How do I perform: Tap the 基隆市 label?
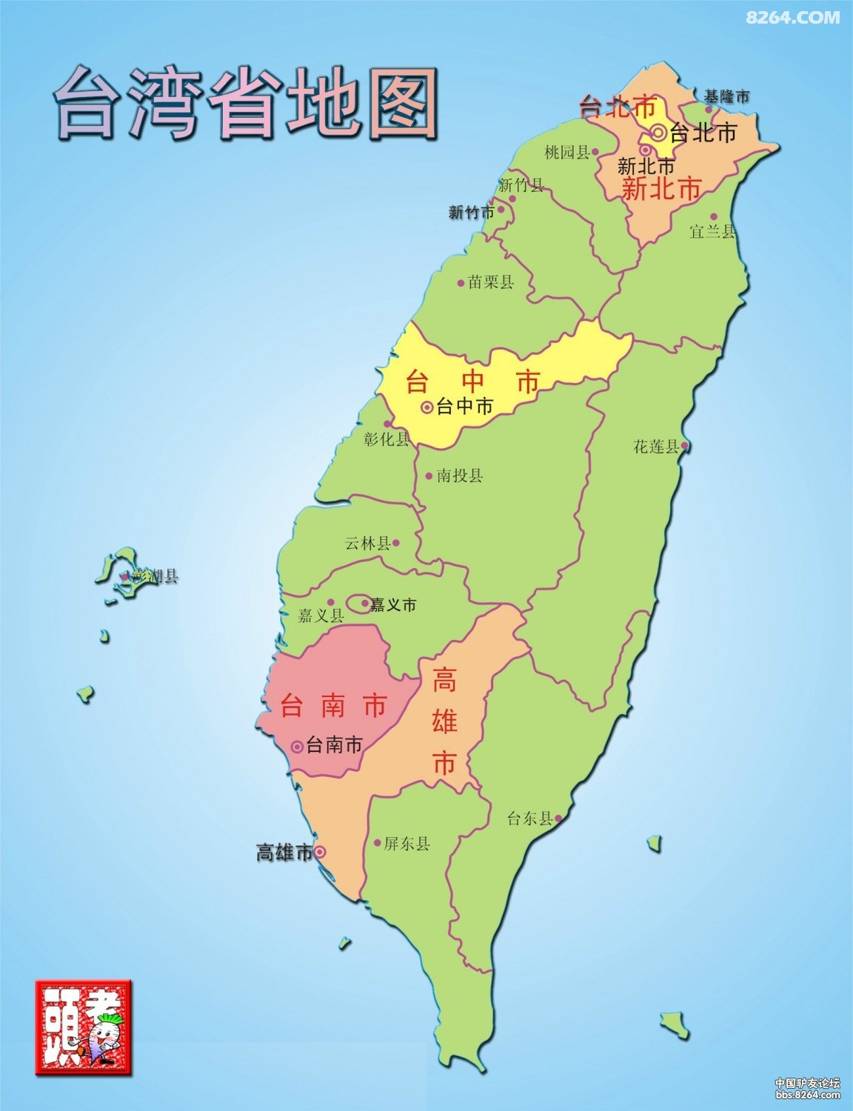pyautogui.click(x=726, y=96)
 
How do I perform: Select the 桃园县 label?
pyautogui.click(x=566, y=153)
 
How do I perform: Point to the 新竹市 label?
pyautogui.click(x=471, y=213)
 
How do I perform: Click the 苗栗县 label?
pyautogui.click(x=491, y=282)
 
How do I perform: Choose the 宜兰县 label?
pyautogui.click(x=712, y=232)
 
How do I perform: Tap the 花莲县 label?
pyautogui.click(x=656, y=447)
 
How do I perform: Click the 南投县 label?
pyautogui.click(x=460, y=476)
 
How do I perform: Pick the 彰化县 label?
pyautogui.click(x=387, y=439)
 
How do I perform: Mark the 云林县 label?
pyautogui.click(x=367, y=544)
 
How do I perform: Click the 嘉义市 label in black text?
pyautogui.click(x=393, y=605)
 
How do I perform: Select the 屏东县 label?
pyautogui.click(x=407, y=844)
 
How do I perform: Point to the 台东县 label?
pyautogui.click(x=530, y=819)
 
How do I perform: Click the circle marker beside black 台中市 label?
pyautogui.click(x=426, y=407)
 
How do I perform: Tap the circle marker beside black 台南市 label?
pyautogui.click(x=297, y=746)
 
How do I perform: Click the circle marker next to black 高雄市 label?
pyautogui.click(x=319, y=853)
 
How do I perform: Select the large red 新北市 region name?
pyautogui.click(x=661, y=188)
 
